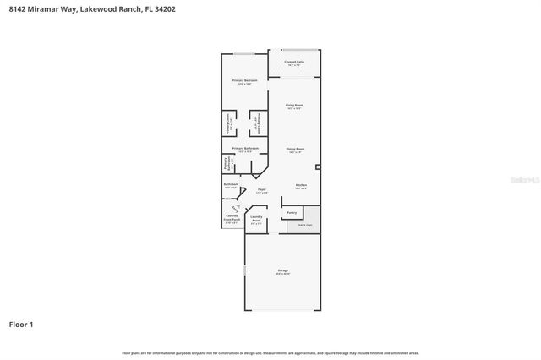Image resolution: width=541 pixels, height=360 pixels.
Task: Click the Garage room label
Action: click(x=283, y=272)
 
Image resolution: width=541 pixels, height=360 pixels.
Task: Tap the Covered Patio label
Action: click(x=294, y=63)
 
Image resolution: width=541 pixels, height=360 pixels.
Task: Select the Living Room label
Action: click(x=294, y=106)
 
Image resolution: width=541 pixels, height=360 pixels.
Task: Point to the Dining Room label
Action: click(x=294, y=150)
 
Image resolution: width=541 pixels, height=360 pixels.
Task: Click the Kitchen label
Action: click(x=301, y=186)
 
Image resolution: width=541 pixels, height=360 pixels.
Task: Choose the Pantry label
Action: click(x=292, y=212)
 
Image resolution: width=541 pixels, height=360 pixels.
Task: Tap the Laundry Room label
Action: click(x=256, y=220)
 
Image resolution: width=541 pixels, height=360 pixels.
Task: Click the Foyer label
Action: click(x=262, y=191)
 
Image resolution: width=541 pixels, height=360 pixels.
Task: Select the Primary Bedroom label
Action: click(x=245, y=81)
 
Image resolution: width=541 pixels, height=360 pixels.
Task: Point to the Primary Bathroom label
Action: click(x=245, y=149)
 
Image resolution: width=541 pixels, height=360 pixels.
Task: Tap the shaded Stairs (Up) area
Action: click(x=304, y=226)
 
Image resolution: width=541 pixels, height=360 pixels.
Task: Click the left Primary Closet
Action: click(x=229, y=126)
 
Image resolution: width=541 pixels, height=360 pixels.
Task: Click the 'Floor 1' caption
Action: click(x=22, y=324)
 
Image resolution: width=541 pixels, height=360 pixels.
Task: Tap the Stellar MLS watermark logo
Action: click(x=519, y=179)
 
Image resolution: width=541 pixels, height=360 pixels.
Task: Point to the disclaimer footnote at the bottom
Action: click(x=270, y=352)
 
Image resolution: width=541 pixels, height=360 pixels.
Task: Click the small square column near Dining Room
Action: click(x=318, y=166)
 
